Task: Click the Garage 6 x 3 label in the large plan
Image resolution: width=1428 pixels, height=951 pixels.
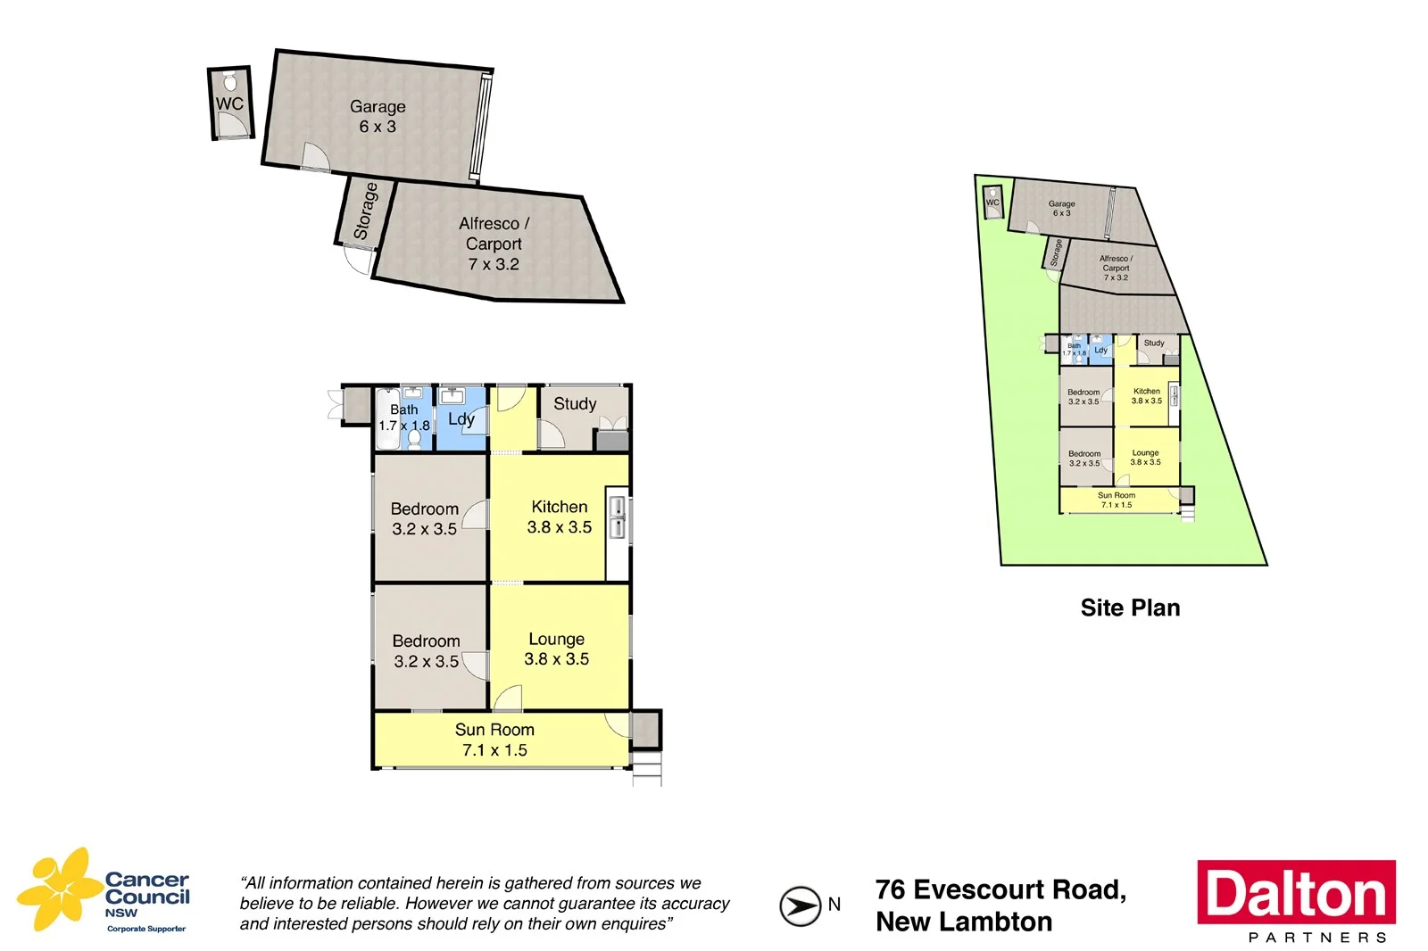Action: pos(378,117)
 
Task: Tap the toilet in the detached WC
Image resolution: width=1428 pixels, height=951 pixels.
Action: pos(230,83)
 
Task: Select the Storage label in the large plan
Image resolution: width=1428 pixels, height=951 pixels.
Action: pos(365,211)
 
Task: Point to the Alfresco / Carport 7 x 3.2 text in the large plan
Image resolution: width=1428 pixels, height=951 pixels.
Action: pos(494,244)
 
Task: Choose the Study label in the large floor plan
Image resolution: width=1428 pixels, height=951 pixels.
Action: pos(575,404)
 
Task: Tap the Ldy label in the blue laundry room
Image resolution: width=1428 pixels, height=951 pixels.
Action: pos(461,419)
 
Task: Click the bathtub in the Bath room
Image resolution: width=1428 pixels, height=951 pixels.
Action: pos(386,419)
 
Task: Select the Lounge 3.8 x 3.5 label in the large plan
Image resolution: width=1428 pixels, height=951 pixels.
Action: pos(556,649)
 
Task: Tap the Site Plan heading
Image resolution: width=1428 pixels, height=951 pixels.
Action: pos(1130,608)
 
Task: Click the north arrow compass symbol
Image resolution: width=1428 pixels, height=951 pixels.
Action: pos(800,906)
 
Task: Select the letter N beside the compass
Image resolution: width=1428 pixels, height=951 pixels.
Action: pos(834,905)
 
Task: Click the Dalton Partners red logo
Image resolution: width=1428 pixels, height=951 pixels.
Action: pos(1296,892)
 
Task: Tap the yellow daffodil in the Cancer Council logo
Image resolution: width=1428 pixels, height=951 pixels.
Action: pos(61,888)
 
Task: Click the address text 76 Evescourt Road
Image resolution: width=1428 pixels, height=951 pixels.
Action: pos(1000,890)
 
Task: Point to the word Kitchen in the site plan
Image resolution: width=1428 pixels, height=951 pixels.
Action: pos(1147,391)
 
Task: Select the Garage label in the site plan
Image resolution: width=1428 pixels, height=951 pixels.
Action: pos(1061,204)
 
